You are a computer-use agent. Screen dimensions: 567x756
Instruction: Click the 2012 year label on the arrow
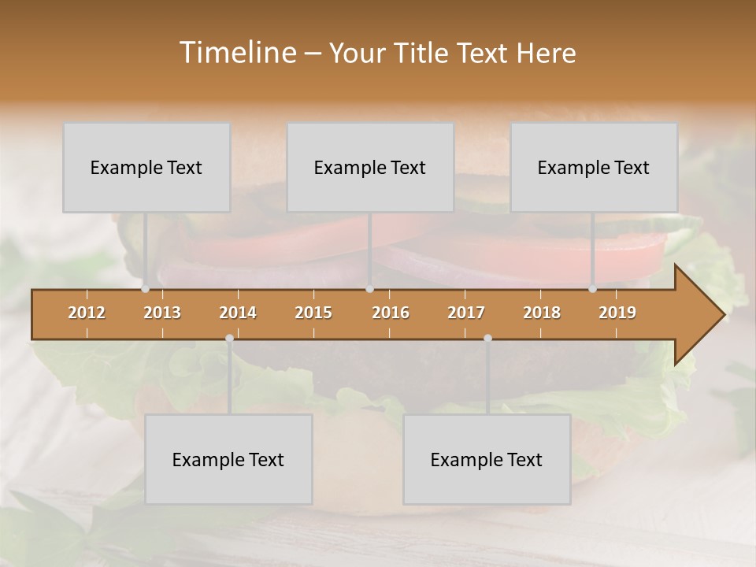(x=87, y=313)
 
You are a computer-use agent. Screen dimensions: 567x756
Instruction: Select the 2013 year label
(x=162, y=313)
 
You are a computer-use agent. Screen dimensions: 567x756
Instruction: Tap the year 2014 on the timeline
(x=238, y=313)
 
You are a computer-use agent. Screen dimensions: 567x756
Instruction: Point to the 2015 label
(x=313, y=313)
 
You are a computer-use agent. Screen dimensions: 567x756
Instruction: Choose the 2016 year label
(x=391, y=313)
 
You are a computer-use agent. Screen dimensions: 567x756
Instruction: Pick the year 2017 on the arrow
(x=466, y=313)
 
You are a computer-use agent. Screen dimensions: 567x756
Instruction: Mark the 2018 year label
(x=542, y=313)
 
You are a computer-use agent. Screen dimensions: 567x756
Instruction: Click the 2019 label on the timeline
(x=617, y=313)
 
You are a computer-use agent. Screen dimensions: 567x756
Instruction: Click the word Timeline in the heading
(x=236, y=53)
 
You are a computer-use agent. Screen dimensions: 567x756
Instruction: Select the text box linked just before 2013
(x=146, y=167)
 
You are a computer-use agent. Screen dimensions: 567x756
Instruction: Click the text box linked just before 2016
(x=370, y=167)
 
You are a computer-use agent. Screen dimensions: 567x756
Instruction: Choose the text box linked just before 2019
(x=594, y=167)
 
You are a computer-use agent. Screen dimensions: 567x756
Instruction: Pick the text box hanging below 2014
(x=228, y=459)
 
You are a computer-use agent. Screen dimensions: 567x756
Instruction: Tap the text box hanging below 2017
(x=487, y=459)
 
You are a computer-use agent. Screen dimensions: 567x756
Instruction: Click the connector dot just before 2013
(x=145, y=289)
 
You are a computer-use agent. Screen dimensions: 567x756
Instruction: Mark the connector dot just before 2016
(x=369, y=289)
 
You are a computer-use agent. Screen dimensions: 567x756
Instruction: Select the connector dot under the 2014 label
(x=229, y=338)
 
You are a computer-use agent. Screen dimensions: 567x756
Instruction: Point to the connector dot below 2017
(x=487, y=338)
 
